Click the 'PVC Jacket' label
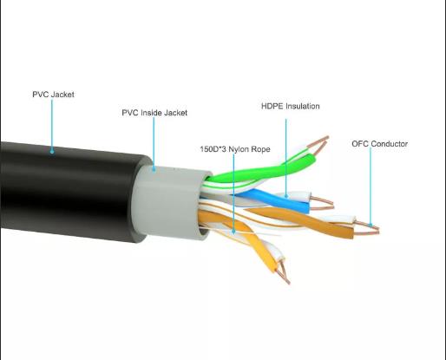click(x=53, y=95)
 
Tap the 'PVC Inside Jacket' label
click(x=154, y=113)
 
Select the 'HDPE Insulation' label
click(x=291, y=106)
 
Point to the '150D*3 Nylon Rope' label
click(x=235, y=149)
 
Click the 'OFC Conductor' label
click(x=380, y=144)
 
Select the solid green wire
click(x=260, y=172)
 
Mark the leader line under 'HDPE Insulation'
click(x=286, y=157)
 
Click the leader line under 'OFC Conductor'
click(x=371, y=186)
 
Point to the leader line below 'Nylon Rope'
click(x=233, y=193)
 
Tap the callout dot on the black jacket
click(x=52, y=151)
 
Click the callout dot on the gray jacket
click(x=154, y=170)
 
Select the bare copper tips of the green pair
click(x=318, y=144)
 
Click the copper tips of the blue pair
click(x=322, y=203)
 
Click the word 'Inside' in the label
click(x=151, y=113)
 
